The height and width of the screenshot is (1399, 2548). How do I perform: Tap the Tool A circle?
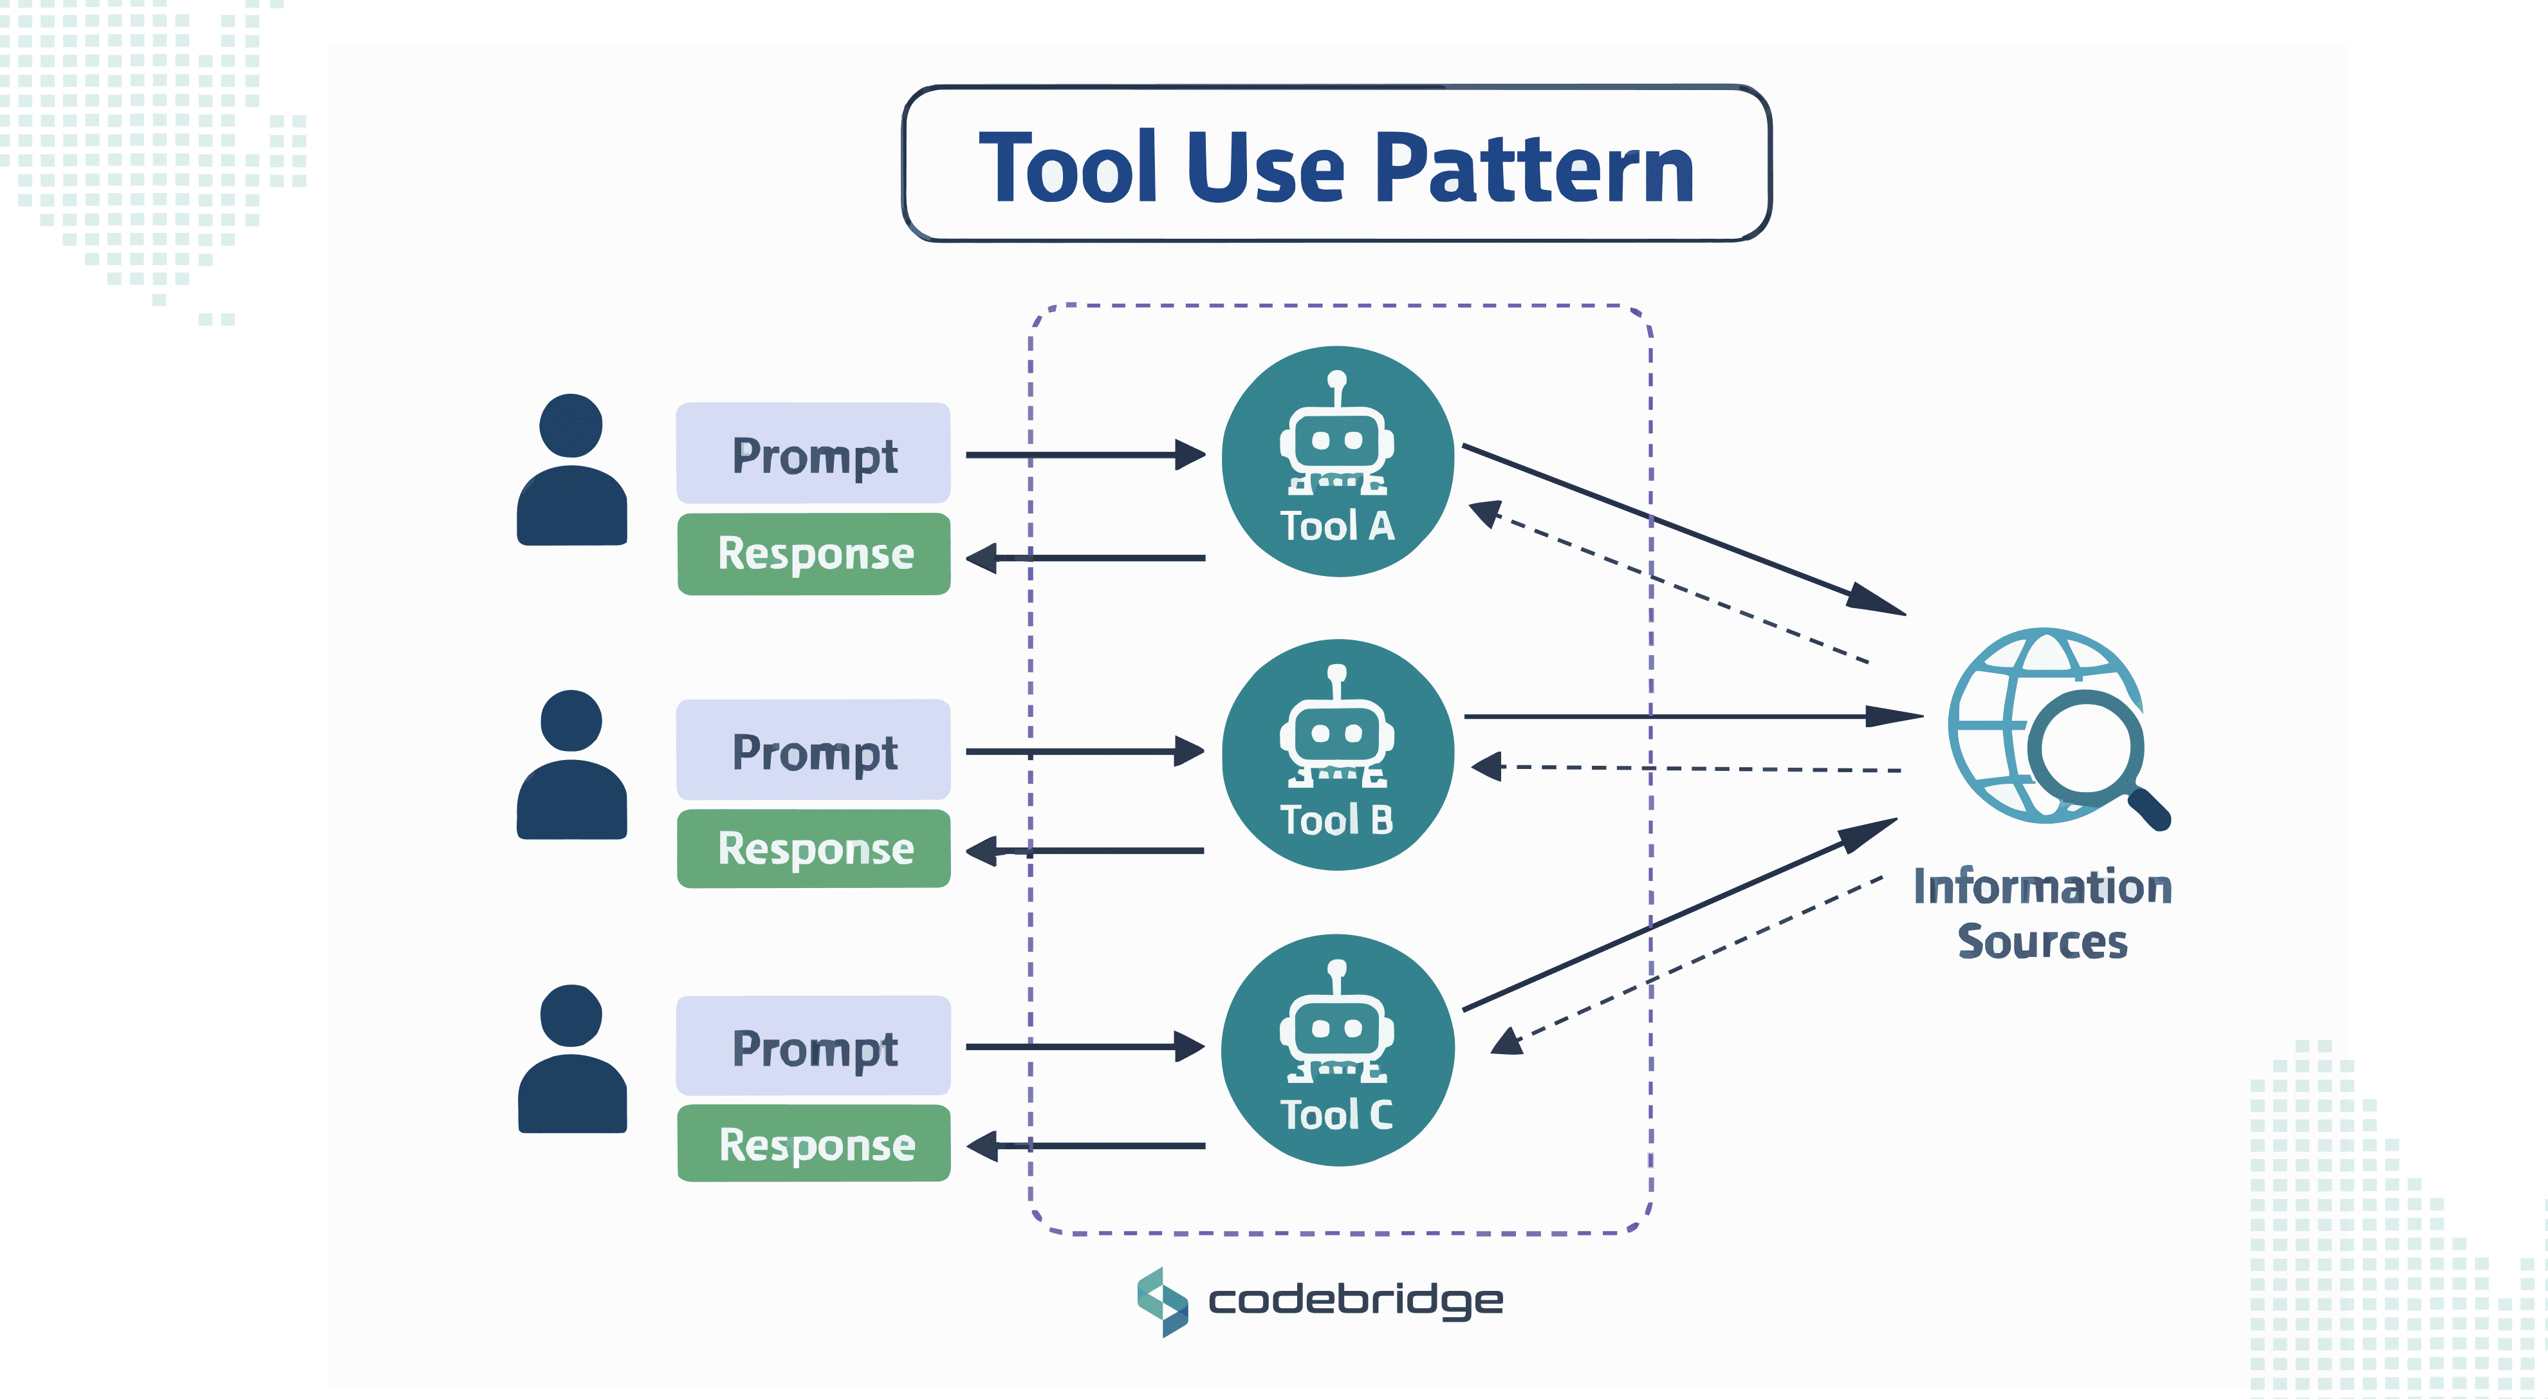(1337, 461)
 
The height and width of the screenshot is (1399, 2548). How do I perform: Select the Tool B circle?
(1337, 755)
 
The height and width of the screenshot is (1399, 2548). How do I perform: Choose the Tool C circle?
(1337, 1050)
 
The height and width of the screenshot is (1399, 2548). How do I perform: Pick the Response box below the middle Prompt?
(814, 849)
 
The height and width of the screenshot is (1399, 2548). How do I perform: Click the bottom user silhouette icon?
(572, 1060)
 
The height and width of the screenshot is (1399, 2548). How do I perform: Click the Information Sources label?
(2042, 913)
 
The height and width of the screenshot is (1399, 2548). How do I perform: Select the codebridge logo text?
(1355, 1300)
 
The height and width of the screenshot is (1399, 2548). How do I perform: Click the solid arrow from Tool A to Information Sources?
(1681, 530)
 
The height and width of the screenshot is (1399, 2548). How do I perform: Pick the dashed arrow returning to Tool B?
(1681, 768)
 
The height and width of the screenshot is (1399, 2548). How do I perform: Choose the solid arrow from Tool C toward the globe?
(1681, 913)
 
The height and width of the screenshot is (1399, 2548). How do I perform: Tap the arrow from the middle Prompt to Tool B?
(1084, 752)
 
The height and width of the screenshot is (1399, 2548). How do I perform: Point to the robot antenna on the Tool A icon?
(1337, 387)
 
